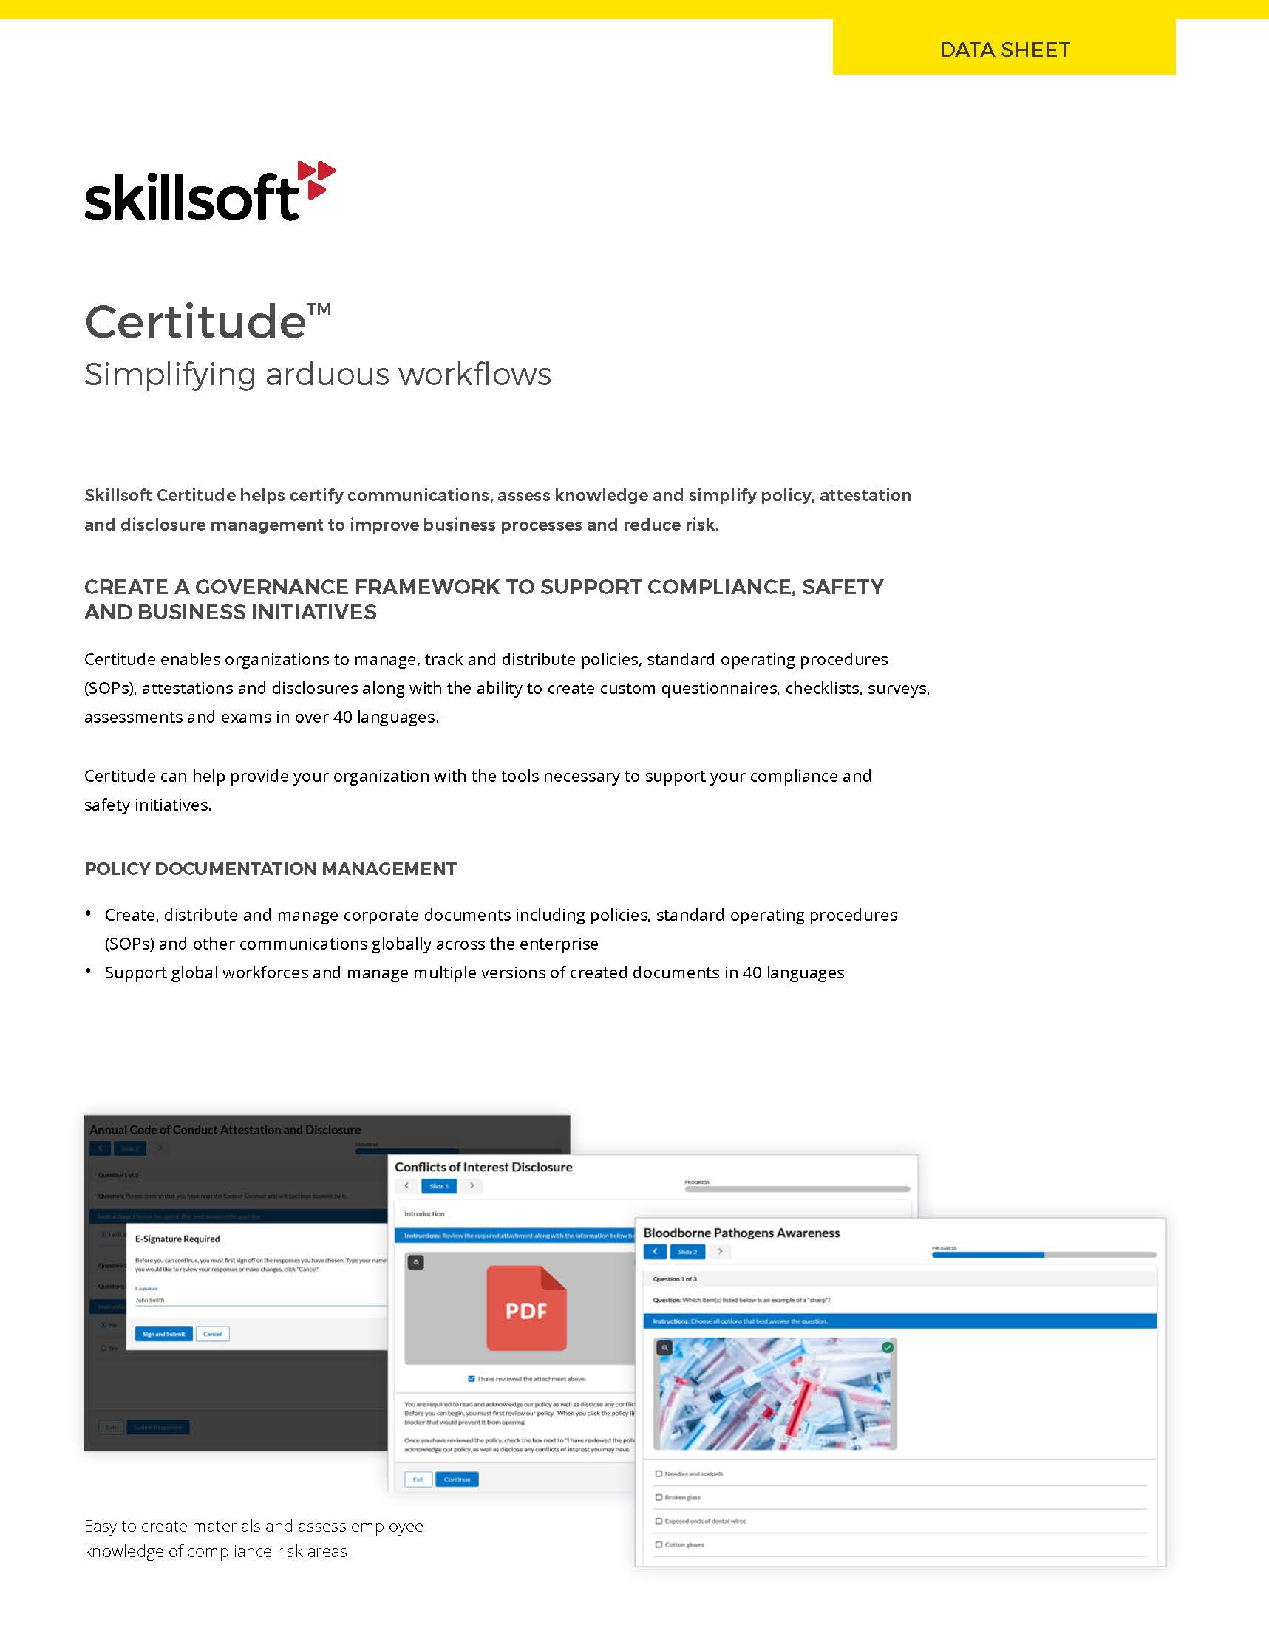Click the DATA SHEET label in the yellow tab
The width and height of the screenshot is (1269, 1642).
tap(1004, 50)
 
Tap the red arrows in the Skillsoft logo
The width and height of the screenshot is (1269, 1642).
tap(316, 180)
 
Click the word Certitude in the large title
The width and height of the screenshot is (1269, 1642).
tap(195, 321)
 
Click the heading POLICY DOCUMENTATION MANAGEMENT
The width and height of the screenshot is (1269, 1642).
tap(270, 868)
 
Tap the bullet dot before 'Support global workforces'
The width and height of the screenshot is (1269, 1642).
tap(89, 970)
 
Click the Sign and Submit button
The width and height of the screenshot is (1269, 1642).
tap(163, 1334)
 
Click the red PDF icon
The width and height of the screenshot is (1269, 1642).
tap(526, 1309)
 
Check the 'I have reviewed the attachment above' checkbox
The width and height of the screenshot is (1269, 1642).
tap(472, 1379)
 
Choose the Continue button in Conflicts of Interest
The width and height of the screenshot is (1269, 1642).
tap(456, 1479)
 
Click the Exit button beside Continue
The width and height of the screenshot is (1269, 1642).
tap(418, 1479)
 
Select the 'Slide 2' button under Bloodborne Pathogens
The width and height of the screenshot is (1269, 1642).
tap(687, 1252)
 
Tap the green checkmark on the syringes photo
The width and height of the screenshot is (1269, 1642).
tap(887, 1347)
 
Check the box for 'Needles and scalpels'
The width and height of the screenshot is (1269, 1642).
tap(659, 1474)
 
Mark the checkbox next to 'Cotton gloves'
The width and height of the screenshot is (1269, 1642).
tap(659, 1544)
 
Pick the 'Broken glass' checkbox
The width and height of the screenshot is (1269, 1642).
tap(659, 1497)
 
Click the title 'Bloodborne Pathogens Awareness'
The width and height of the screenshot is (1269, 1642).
tap(741, 1233)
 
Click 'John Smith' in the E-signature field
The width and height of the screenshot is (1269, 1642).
tap(149, 1300)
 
